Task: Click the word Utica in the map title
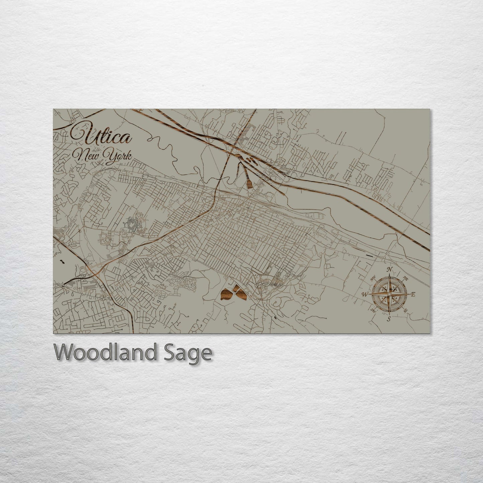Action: click(101, 136)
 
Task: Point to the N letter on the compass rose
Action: click(389, 270)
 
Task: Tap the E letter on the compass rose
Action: click(413, 294)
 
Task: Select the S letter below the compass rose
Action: click(389, 319)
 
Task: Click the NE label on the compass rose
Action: click(405, 278)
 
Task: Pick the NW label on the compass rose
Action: click(373, 277)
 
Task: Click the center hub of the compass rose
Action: click(389, 294)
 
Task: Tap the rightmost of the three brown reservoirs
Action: click(241, 294)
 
